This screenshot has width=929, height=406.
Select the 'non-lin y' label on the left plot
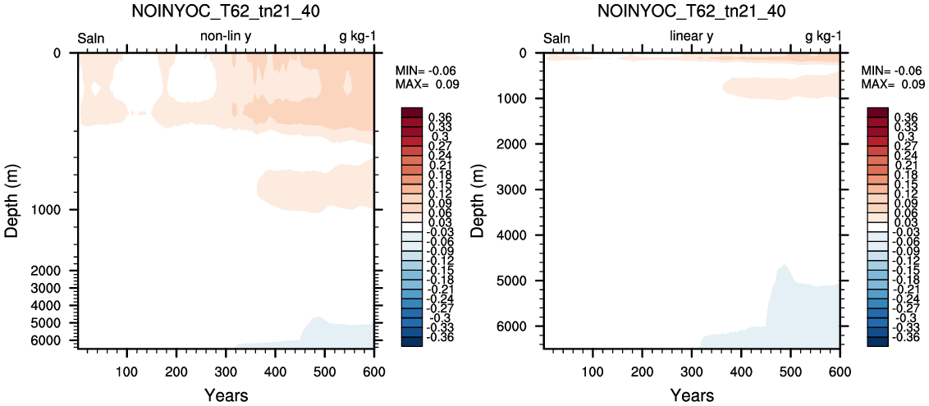pyautogui.click(x=229, y=39)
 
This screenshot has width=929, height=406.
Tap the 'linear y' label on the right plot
pyautogui.click(x=691, y=39)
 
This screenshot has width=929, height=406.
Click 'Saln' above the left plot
pyautogui.click(x=91, y=39)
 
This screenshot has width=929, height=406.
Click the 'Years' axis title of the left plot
pyautogui.click(x=226, y=395)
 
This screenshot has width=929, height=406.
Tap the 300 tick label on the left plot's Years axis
pyautogui.click(x=226, y=371)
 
